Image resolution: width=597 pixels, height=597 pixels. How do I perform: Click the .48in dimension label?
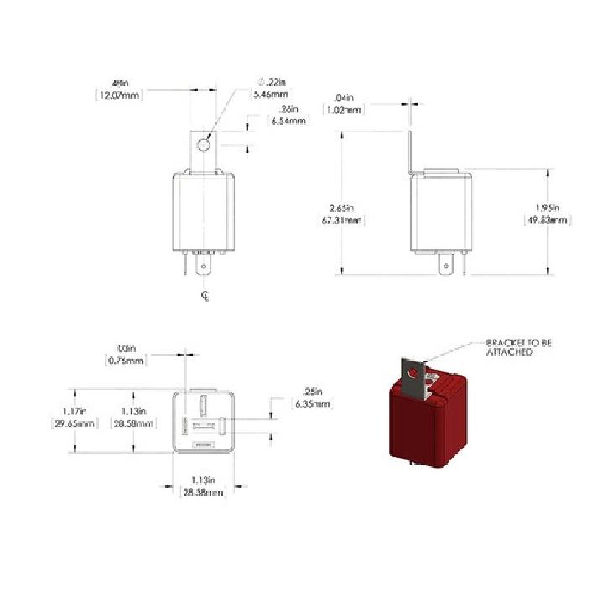tap(120, 83)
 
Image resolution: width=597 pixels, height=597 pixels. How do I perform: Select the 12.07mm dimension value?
tap(119, 96)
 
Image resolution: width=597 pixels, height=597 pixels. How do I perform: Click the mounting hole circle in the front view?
tap(202, 146)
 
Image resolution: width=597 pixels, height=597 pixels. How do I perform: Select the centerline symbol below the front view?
tap(204, 295)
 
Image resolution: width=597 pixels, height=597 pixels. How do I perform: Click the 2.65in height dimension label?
tap(343, 208)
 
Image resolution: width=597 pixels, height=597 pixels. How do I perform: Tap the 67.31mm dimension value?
tap(343, 221)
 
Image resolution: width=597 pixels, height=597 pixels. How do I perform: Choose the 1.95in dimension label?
tap(548, 208)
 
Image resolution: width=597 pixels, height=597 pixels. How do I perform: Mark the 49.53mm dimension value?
tap(548, 221)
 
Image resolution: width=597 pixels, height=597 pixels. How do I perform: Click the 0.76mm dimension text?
tap(127, 361)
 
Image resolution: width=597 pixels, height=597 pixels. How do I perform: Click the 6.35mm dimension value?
tap(311, 404)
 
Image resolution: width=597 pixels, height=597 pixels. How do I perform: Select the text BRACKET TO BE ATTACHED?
tap(518, 347)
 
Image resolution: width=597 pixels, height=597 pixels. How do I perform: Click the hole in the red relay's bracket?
tap(411, 372)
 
